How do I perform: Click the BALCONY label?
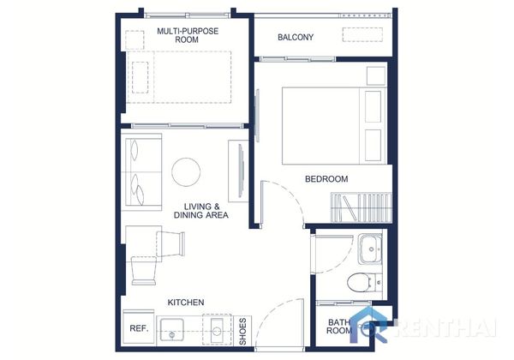click(x=296, y=37)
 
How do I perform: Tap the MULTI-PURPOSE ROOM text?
click(x=187, y=35)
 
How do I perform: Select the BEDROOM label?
click(x=326, y=179)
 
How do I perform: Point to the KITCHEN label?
click(x=186, y=303)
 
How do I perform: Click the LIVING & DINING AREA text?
click(x=201, y=211)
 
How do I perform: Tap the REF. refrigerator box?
click(x=138, y=327)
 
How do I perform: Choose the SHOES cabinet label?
click(x=243, y=331)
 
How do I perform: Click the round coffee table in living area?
click(x=186, y=172)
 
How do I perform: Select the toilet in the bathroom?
click(x=364, y=282)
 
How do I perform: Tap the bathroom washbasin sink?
click(x=370, y=249)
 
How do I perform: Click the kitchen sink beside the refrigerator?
click(x=172, y=330)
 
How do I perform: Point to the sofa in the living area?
click(x=144, y=172)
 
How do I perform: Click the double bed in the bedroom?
click(x=334, y=126)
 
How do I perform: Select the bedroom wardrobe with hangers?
click(x=362, y=207)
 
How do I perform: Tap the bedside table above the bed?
click(x=376, y=75)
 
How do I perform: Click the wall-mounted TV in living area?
click(x=241, y=171)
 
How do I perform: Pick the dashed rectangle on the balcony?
click(x=362, y=35)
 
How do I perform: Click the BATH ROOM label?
click(x=339, y=327)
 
